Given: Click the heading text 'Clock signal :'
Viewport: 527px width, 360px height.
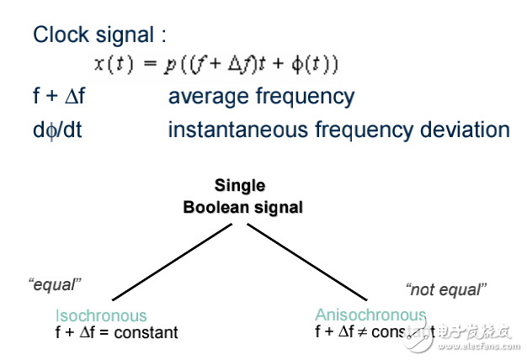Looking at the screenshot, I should point(99,35).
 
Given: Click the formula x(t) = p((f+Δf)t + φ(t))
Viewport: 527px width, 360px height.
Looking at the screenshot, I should point(216,65).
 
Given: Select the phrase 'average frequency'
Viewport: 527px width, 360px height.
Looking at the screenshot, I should point(261,98).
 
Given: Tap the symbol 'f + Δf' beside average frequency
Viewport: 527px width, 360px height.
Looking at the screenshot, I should point(59,98).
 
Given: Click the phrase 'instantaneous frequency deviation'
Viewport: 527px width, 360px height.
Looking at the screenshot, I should point(338,130).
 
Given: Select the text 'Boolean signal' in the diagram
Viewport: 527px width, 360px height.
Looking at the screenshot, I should point(242,207).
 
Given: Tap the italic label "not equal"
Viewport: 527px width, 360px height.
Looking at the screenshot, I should point(445,290).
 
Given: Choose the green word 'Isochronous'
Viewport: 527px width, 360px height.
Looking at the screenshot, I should point(100,316).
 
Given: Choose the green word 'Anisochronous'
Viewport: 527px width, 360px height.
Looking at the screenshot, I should point(370,315).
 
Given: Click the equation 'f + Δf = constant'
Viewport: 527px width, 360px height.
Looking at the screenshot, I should point(116,332).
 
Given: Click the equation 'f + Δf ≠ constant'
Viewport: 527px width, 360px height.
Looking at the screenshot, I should point(375,331).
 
